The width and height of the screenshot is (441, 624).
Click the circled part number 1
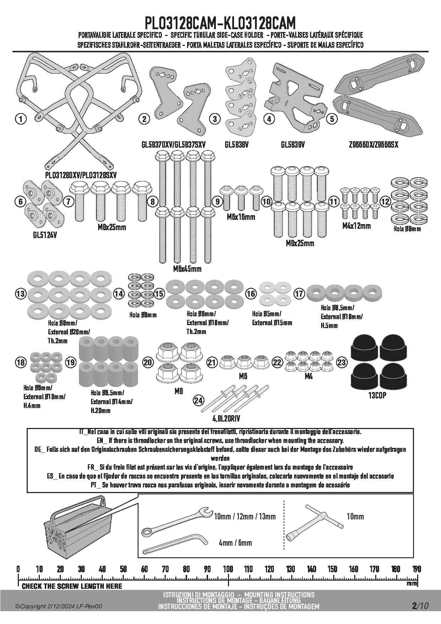tap(21, 119)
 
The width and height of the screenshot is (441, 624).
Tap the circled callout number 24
tap(198, 401)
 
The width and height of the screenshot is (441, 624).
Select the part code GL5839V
tap(292, 145)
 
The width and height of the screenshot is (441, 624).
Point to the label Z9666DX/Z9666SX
tap(373, 145)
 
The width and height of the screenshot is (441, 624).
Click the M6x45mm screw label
tap(187, 269)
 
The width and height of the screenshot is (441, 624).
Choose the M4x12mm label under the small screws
tap(356, 226)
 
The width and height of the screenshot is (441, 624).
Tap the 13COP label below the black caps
tap(377, 395)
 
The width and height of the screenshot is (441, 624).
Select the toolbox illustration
tap(77, 529)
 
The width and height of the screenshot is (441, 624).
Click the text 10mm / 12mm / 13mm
tap(245, 516)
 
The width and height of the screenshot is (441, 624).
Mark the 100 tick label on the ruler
tap(228, 569)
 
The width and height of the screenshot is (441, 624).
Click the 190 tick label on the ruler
tap(416, 569)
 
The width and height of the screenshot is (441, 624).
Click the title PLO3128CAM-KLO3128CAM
tap(220, 23)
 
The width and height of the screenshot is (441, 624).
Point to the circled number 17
tap(299, 294)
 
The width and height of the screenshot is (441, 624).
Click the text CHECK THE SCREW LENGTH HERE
tap(72, 586)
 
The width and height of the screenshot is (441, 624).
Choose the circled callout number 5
tap(332, 119)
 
